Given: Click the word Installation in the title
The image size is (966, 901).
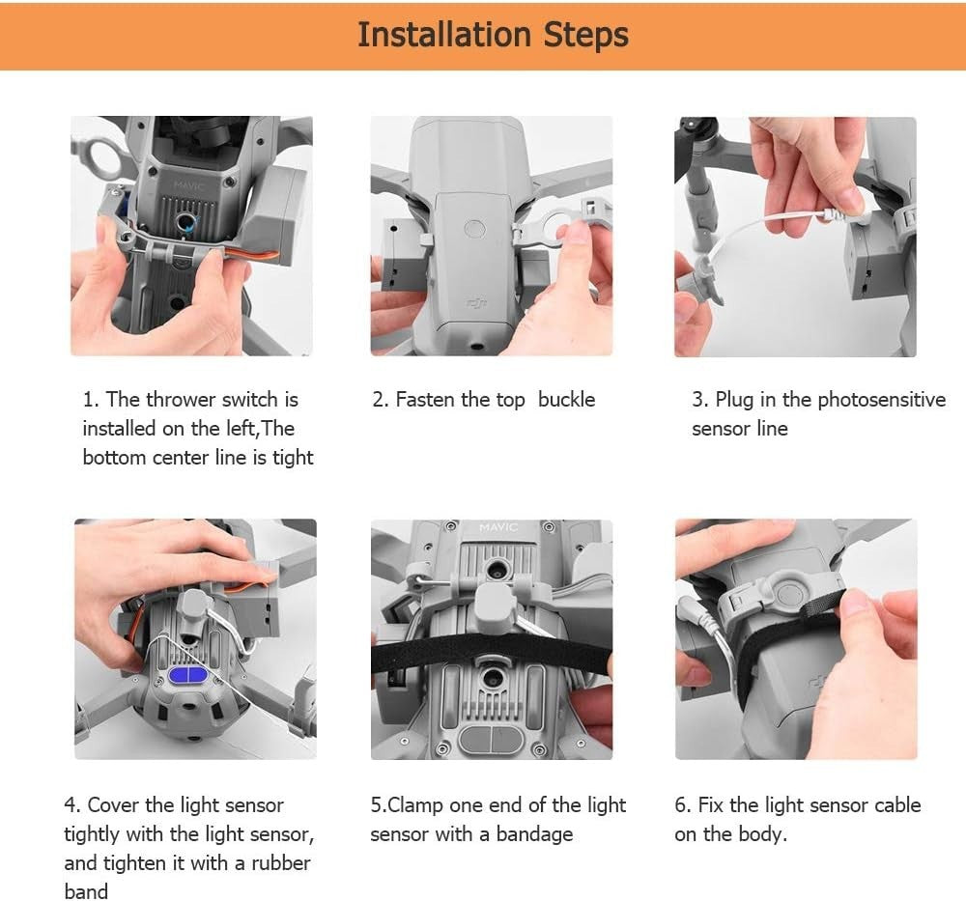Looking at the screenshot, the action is (443, 35).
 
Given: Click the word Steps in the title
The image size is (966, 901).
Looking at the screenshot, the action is (586, 36).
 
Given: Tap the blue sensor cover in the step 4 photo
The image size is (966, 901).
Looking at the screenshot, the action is (188, 675).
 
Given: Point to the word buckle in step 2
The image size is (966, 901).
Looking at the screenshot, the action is (566, 400).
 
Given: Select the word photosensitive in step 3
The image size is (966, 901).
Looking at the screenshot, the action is (882, 400).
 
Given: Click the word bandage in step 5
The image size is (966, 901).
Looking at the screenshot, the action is (535, 834).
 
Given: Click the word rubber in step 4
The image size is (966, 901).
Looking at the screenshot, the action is (281, 862).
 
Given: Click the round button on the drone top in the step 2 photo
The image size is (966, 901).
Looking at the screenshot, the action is (474, 229).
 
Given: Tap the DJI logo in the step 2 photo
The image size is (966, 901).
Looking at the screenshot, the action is (476, 302).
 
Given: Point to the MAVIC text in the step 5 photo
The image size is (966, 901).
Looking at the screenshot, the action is (498, 527).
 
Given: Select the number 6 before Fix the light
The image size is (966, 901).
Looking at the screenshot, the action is (681, 805).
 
